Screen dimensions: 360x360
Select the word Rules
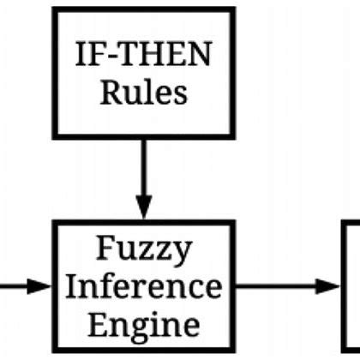click(x=143, y=92)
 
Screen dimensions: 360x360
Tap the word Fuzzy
click(x=143, y=251)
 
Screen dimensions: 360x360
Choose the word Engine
click(x=143, y=324)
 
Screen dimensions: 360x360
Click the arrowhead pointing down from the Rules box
click(x=143, y=207)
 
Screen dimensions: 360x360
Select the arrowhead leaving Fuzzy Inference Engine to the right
click(x=329, y=286)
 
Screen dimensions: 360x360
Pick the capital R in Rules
click(x=110, y=92)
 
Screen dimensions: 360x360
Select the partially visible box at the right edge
click(x=352, y=286)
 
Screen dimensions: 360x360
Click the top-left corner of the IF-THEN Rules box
click(x=55, y=11)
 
